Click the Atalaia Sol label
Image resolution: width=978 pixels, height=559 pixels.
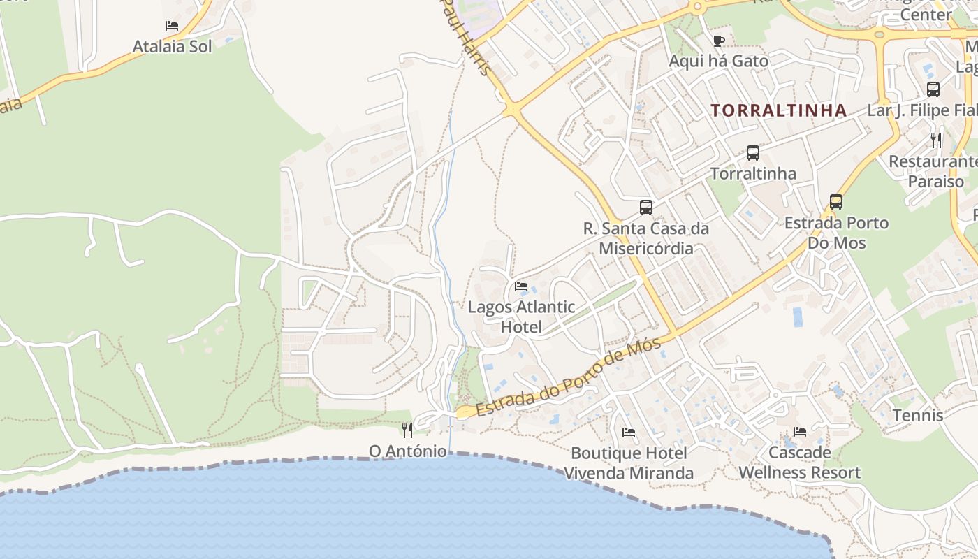pos(172,47)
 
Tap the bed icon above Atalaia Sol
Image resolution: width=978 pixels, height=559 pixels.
pos(172,26)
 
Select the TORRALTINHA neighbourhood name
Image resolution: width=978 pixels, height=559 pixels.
pos(779,110)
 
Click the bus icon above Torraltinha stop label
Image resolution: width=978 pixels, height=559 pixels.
pos(752,152)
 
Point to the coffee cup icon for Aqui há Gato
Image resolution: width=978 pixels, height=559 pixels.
pos(718,40)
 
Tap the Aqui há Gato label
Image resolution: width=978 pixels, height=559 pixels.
pos(718,61)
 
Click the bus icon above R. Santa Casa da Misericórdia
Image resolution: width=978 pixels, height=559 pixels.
pos(646,207)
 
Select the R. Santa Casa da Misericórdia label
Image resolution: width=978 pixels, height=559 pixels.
pos(646,238)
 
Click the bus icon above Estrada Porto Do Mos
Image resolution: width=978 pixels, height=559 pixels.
pos(836,202)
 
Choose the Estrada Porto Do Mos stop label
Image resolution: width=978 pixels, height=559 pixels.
pos(836,233)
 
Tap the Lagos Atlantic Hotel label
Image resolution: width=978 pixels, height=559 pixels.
pos(521,317)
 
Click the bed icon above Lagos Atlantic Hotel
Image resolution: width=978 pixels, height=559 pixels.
pos(521,286)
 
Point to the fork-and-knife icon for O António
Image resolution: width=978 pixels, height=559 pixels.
pos(407,430)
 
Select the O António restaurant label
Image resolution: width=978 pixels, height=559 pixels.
pos(407,451)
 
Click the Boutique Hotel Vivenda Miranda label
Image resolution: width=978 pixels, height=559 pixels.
pos(629,463)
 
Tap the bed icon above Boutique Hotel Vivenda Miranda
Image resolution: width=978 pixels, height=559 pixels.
pos(629,433)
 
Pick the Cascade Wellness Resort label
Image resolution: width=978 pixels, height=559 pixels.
pos(799,463)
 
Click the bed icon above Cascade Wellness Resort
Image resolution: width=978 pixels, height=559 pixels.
pos(800,432)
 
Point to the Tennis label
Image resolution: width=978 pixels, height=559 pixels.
pos(917,416)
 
